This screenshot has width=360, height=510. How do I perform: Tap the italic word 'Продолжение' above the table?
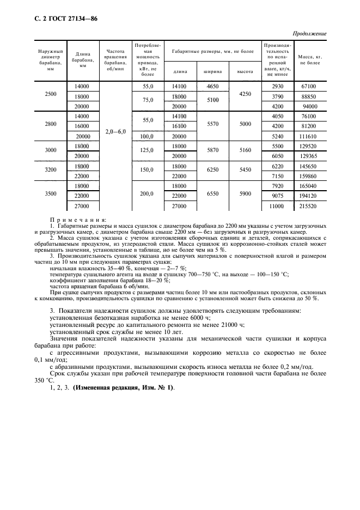[x=309, y=33]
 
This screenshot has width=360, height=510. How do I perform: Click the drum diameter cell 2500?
[x=50, y=94]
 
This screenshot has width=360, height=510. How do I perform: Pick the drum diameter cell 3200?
[x=50, y=170]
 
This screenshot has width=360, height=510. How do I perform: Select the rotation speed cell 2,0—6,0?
[x=115, y=132]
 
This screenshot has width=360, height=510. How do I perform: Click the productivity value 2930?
[x=278, y=86]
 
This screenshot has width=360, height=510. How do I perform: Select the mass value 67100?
[x=309, y=86]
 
